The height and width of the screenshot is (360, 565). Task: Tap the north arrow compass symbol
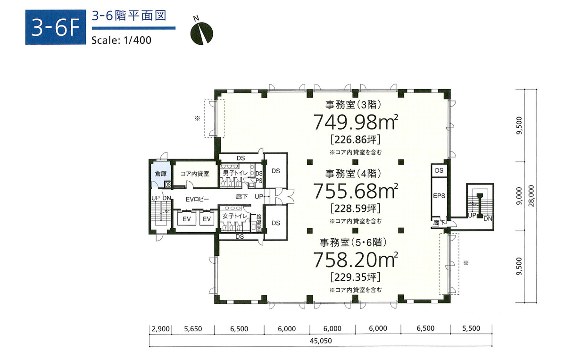pyautogui.click(x=201, y=32)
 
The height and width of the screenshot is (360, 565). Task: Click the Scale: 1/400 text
pyautogui.click(x=121, y=41)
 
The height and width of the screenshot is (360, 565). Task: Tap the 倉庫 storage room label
pyautogui.click(x=161, y=174)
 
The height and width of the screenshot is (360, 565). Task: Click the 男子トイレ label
pyautogui.click(x=235, y=174)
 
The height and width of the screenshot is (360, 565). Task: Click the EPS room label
pyautogui.click(x=439, y=196)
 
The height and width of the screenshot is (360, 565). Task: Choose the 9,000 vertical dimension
pyautogui.click(x=519, y=195)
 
